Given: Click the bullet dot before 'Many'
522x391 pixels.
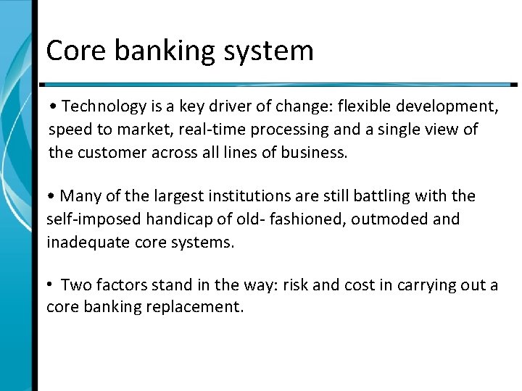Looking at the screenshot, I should (x=51, y=196).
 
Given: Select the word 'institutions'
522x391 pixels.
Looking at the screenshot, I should (x=244, y=196).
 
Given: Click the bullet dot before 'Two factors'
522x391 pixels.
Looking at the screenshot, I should (x=51, y=285).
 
